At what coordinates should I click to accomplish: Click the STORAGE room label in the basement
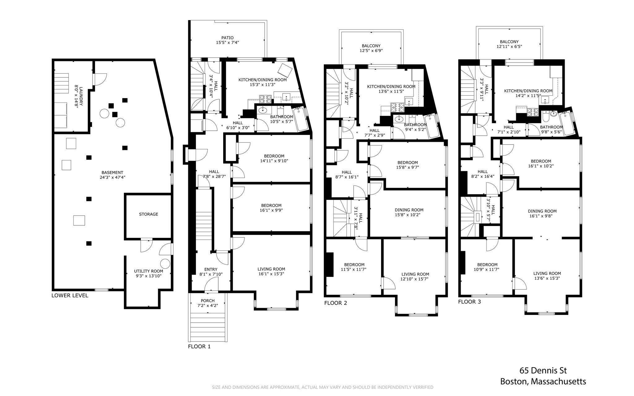point(148,214)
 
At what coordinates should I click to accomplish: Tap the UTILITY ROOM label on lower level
point(148,271)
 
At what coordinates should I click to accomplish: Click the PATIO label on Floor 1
point(227,38)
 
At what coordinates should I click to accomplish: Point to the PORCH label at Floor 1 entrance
point(207,301)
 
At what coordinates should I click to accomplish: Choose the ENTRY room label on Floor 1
point(211,269)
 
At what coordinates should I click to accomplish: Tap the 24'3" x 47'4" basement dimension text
point(112,177)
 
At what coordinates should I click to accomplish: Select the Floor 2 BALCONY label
point(371,46)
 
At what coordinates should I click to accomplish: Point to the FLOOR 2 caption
point(336,303)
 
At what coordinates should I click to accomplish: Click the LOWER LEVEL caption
point(70,295)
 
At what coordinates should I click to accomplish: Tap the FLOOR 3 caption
point(469,302)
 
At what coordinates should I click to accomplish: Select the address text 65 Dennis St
point(543,370)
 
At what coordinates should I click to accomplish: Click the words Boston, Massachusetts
point(543,381)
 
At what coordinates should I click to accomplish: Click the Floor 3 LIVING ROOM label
point(547,273)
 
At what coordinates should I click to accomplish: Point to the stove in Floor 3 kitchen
point(532,111)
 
